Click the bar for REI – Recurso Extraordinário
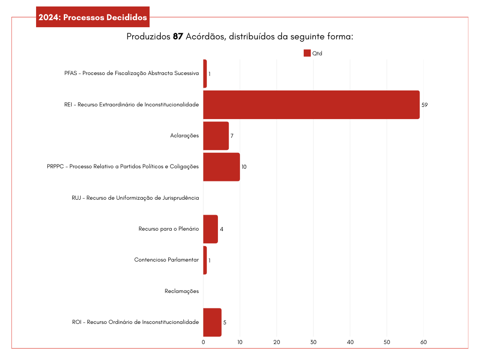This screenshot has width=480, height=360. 311,105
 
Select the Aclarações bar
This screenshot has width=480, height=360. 216,136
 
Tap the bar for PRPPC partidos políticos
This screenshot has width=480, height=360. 221,167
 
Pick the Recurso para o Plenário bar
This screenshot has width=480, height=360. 210,229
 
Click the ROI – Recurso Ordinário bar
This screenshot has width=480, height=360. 212,322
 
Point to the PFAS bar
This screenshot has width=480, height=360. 205,74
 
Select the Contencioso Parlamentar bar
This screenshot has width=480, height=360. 205,260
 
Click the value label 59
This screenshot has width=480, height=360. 425,105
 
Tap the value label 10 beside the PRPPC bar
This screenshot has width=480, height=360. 244,167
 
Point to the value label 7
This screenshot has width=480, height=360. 232,136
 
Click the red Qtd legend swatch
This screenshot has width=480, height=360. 307,53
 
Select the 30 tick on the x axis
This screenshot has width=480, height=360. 314,343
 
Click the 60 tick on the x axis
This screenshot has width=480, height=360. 424,343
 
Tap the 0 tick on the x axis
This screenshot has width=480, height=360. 203,343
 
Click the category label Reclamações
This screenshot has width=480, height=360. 182,291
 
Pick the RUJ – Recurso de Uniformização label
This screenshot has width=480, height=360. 135,198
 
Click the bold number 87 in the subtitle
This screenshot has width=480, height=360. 178,37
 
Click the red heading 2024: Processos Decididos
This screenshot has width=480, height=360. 93,18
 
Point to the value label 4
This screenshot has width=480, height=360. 221,229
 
